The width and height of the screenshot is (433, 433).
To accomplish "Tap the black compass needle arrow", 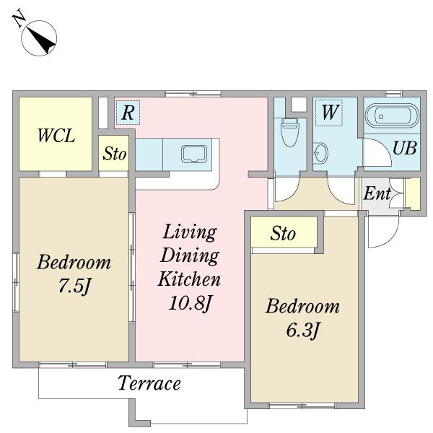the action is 41,41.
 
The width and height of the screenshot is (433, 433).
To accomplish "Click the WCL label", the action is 56,136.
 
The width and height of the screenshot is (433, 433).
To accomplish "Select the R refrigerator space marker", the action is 128,113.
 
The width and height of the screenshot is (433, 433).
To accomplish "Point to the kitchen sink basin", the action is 194,154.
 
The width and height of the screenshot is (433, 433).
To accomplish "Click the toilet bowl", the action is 289,134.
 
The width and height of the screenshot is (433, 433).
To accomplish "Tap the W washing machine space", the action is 329,113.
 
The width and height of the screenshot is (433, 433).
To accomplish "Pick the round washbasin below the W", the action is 320,153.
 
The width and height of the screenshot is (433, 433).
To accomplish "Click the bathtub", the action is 392,115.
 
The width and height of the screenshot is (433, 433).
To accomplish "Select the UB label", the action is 405,148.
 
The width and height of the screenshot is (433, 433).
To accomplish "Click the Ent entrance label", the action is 377,193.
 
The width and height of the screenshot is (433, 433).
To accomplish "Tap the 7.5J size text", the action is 74,286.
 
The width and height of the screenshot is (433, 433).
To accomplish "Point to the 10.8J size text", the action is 190,303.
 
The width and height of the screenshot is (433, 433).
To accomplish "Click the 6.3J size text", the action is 302,330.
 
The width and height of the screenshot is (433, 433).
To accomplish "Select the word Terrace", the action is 149,383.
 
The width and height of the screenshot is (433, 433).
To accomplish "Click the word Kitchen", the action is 189,279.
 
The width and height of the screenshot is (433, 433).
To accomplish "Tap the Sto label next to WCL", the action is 115,154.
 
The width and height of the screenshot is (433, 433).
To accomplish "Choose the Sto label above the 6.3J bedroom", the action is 283,234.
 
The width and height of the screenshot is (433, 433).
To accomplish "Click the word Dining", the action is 190,255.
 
